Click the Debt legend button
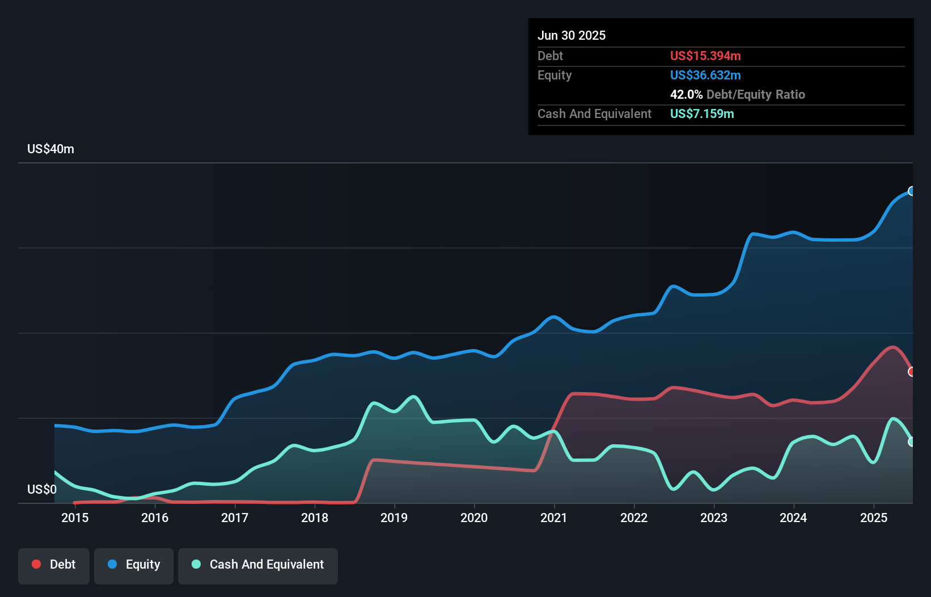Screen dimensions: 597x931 [x=54, y=565]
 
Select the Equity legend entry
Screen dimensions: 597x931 [x=134, y=565]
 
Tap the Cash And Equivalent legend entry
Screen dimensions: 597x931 [x=258, y=565]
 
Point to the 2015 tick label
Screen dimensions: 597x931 [x=75, y=518]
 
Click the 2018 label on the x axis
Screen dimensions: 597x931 [x=315, y=518]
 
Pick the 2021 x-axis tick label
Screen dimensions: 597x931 [x=554, y=518]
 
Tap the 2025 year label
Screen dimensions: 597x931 [x=873, y=518]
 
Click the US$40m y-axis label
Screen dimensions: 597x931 [x=51, y=149]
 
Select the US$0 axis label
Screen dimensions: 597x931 [x=42, y=489]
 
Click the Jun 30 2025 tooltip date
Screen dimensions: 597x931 [x=572, y=36]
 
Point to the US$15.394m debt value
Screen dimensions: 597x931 [x=705, y=56]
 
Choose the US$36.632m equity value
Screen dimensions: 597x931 [x=705, y=75]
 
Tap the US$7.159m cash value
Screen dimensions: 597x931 [x=702, y=114]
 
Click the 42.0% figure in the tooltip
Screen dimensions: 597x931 [x=686, y=95]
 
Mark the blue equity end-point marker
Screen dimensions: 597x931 [x=912, y=191]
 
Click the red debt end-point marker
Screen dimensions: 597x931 [x=912, y=372]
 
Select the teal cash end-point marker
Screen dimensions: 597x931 [x=912, y=442]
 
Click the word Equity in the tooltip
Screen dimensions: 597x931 [x=555, y=75]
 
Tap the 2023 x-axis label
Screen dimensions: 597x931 [x=714, y=518]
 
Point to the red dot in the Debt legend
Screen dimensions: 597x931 [x=36, y=564]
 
